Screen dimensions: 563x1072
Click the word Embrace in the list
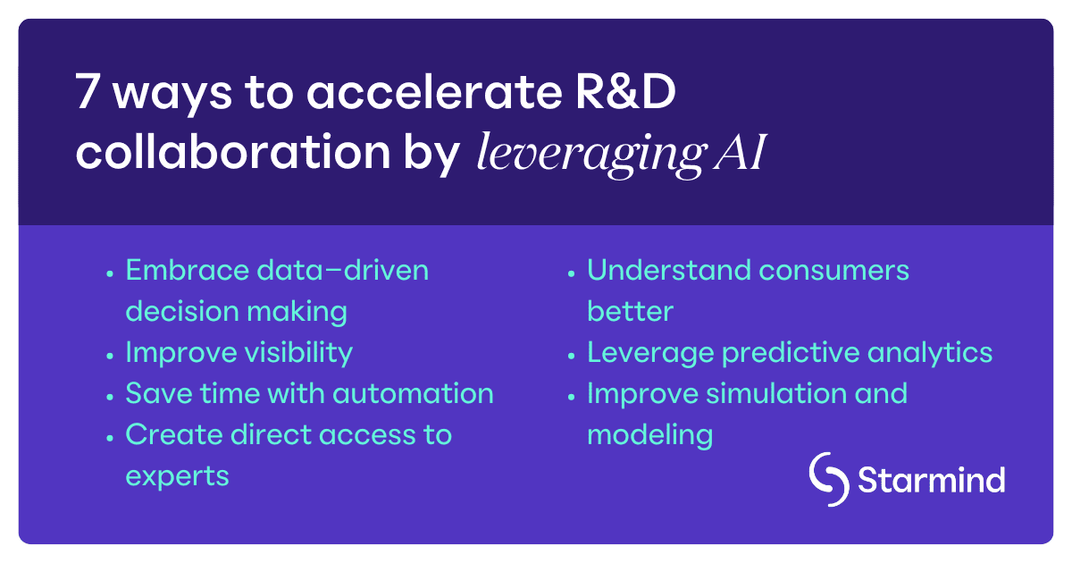click(x=183, y=270)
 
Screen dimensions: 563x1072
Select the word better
click(x=630, y=312)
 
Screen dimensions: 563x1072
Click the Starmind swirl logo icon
click(x=829, y=479)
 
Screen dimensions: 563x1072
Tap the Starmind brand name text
click(x=931, y=480)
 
